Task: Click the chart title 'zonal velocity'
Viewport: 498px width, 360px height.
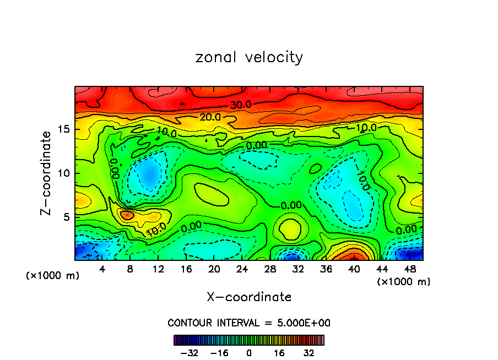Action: tap(249, 58)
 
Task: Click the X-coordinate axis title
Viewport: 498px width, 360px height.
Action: tap(249, 297)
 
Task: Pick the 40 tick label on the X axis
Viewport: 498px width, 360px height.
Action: tap(354, 269)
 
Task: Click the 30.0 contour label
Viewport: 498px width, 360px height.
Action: tap(241, 105)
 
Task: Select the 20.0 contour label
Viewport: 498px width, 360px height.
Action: tap(210, 117)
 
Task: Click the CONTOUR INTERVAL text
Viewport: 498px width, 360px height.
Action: tap(249, 323)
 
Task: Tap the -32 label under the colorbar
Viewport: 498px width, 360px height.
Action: tap(189, 353)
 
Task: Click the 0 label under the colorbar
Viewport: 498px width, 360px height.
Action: tap(249, 353)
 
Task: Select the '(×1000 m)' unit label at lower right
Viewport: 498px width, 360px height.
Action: tap(404, 282)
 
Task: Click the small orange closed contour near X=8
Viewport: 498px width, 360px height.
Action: tap(127, 215)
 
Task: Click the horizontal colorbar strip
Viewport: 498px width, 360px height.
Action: tap(249, 340)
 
